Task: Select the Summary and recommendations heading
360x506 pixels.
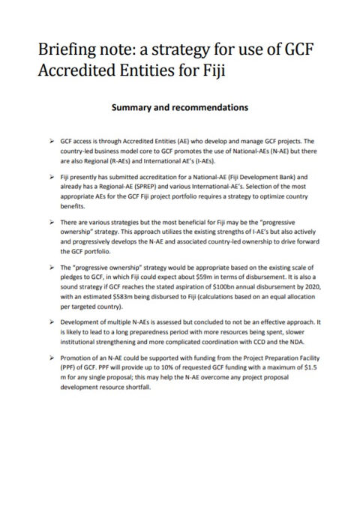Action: click(179, 108)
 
